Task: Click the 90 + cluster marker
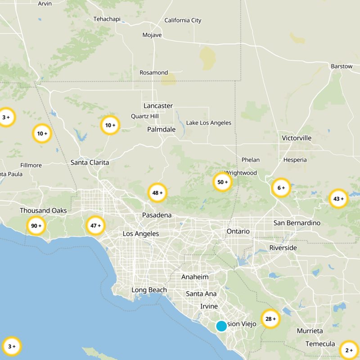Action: pos(36,226)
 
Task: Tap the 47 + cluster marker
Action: pos(95,226)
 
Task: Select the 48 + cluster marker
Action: pos(157,193)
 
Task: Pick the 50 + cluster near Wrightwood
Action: pos(223,182)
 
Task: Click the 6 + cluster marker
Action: pos(281,188)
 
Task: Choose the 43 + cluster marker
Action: pos(338,198)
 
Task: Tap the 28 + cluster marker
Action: pos(270,319)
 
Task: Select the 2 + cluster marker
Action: pos(349,350)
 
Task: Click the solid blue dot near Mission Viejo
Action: pos(221,326)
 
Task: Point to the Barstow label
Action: pos(342,66)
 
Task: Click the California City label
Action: pos(183,20)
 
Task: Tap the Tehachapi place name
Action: pos(107,19)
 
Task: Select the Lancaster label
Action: pos(158,106)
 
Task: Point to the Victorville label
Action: pos(297,138)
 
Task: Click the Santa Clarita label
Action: pos(90,162)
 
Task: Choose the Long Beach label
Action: pos(149,290)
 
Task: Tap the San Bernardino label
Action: pos(297,223)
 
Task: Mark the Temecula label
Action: pos(320,344)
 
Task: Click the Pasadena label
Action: pos(157,215)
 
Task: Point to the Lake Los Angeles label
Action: pos(209,123)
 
